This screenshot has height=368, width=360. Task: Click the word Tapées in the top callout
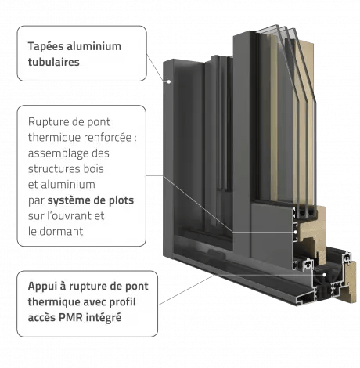click(46, 47)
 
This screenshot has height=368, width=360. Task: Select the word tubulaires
click(54, 62)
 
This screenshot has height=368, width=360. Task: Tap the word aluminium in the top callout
click(94, 46)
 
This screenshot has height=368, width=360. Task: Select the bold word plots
click(121, 200)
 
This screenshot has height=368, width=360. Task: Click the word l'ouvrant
click(69, 216)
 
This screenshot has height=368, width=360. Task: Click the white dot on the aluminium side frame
click(169, 81)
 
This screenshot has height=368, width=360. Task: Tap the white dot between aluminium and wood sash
click(296, 232)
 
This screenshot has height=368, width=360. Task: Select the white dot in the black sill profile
click(324, 275)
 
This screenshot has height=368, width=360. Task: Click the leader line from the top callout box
click(157, 67)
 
